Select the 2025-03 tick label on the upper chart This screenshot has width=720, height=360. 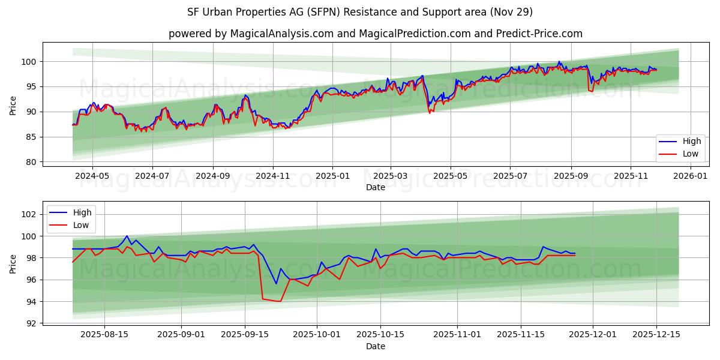coord(391,176)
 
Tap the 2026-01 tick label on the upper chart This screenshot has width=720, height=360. coord(691,176)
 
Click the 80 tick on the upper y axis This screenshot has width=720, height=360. coord(32,162)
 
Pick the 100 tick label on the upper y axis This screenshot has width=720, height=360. coord(29,61)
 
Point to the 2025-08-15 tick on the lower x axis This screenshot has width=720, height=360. coord(104,335)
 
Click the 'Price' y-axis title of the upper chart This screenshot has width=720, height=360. coord(13,105)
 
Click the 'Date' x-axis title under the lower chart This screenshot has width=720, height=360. coord(376,346)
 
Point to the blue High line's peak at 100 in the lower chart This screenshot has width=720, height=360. coord(127,236)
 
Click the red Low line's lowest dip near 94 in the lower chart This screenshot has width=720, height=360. coord(279,301)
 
